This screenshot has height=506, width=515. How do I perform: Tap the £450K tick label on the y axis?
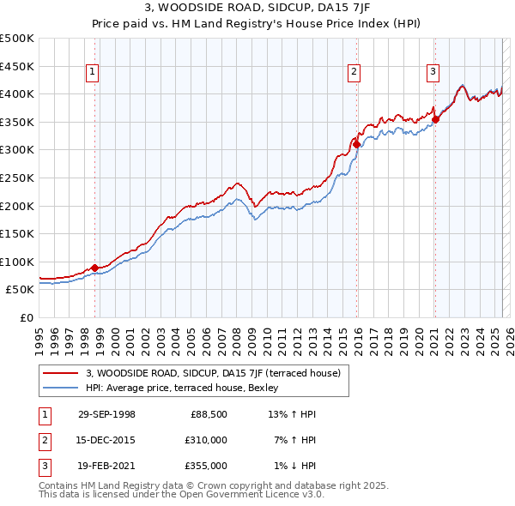pyautogui.click(x=17, y=66)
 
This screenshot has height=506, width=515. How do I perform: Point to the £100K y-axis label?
pyautogui.click(x=17, y=262)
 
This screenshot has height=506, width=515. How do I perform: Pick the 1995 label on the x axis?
pyautogui.click(x=39, y=335)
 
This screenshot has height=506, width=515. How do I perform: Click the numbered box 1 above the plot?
pyautogui.click(x=92, y=73)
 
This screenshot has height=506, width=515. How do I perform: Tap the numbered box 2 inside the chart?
pyautogui.click(x=354, y=73)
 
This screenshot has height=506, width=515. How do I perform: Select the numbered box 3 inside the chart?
pyautogui.click(x=433, y=73)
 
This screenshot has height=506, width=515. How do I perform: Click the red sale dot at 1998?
pyautogui.click(x=95, y=268)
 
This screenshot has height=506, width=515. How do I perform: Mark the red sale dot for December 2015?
pyautogui.click(x=356, y=144)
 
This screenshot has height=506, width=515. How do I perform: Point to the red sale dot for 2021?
pyautogui.click(x=435, y=119)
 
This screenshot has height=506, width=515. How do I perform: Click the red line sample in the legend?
pyautogui.click(x=60, y=373)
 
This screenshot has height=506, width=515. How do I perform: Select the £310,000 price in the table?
pyautogui.click(x=206, y=440)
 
